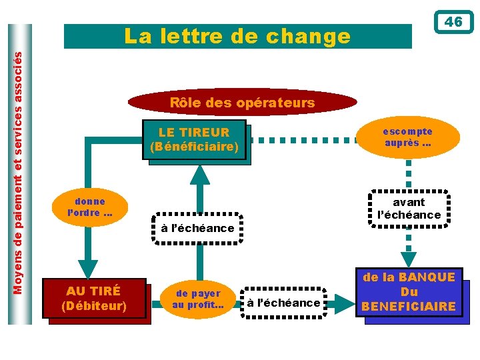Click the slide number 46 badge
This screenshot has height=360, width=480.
453,22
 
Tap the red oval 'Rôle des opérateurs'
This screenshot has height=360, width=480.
242,103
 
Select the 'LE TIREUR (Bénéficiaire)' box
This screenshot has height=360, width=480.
194,139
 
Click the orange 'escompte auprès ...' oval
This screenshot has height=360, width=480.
407,137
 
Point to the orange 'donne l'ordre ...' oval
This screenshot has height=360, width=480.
90,207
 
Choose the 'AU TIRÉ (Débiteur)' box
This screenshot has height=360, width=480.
94,299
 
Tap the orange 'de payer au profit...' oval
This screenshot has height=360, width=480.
198,299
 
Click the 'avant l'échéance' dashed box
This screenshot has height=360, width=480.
409,208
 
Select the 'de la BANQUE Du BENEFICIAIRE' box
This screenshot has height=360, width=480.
409,292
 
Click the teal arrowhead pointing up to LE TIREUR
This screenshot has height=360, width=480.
198,173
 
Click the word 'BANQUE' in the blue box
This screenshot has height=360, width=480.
424,277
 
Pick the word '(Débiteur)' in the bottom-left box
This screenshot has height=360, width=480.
94,307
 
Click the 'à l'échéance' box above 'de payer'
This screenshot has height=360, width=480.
197,228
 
